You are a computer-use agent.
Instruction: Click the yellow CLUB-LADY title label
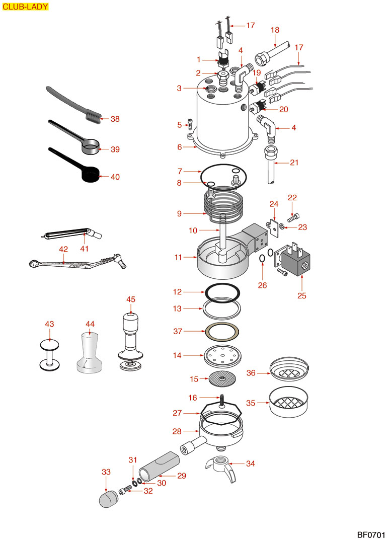tap(26, 7)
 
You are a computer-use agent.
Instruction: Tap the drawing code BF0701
tap(370, 532)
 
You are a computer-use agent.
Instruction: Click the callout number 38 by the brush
tap(115, 119)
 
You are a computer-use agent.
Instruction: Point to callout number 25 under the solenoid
tap(301, 295)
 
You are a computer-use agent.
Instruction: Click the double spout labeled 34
tap(221, 466)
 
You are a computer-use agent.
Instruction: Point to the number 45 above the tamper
tap(131, 299)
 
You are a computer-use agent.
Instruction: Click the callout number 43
tap(49, 324)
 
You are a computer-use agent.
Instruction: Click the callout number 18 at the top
tap(275, 30)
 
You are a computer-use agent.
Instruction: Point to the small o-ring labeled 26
tap(262, 259)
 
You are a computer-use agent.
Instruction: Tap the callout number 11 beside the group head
tap(178, 257)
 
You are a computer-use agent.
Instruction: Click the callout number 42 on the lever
tap(63, 249)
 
